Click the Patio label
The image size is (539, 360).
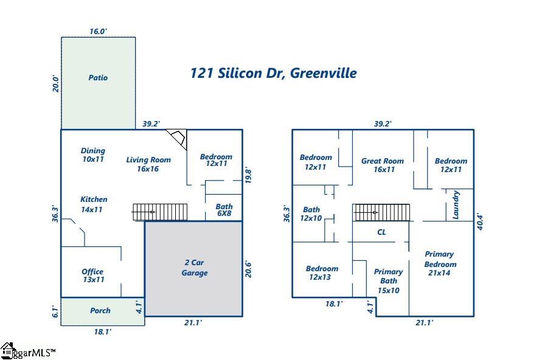98,78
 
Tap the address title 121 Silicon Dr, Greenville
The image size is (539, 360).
273,74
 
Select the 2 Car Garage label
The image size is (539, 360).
194,268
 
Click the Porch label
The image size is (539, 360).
100,311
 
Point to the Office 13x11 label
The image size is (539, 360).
92,275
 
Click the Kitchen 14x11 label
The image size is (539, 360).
94,204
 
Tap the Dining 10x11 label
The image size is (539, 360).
93,154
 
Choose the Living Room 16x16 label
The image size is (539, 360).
148,164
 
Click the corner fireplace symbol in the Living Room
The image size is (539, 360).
178,138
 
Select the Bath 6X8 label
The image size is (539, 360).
224,210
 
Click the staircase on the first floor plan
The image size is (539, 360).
160,212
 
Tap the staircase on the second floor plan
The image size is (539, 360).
381,212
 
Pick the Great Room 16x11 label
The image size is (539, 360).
383,165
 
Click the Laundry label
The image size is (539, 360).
456,205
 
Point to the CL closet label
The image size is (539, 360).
381,232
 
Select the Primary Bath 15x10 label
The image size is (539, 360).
388,281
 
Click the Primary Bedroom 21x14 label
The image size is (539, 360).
440,263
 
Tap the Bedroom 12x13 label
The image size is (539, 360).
322,272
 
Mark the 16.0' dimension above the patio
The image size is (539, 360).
98,31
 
